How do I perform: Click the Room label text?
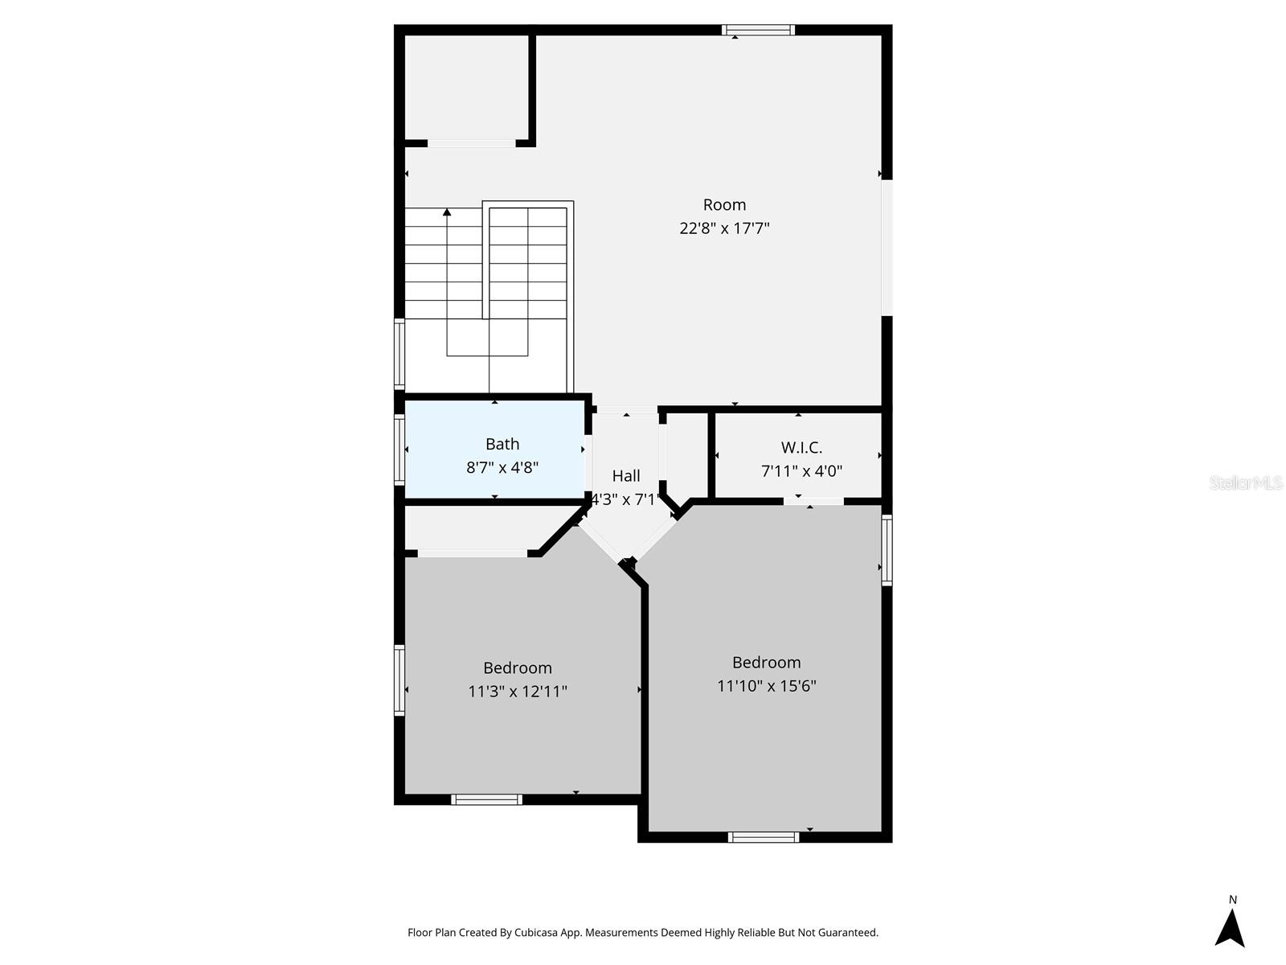point(724,204)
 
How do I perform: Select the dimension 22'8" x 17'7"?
point(724,228)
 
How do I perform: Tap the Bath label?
point(502,444)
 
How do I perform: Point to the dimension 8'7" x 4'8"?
point(502,467)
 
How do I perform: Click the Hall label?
point(625,475)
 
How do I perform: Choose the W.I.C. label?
point(801,447)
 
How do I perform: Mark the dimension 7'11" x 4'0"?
point(801,470)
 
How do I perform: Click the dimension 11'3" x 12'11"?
point(518,691)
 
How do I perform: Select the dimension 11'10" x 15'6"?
point(766,685)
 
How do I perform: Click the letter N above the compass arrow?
point(1233,899)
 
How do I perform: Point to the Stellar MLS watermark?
point(1246,482)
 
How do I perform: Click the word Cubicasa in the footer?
point(536,932)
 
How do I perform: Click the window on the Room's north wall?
point(758,30)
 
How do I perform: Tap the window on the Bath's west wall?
point(399,450)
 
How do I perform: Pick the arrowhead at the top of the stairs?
point(447,212)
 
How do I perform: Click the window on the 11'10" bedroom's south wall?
point(764,837)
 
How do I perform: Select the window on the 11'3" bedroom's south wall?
point(486,799)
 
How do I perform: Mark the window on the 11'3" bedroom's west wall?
point(399,680)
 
